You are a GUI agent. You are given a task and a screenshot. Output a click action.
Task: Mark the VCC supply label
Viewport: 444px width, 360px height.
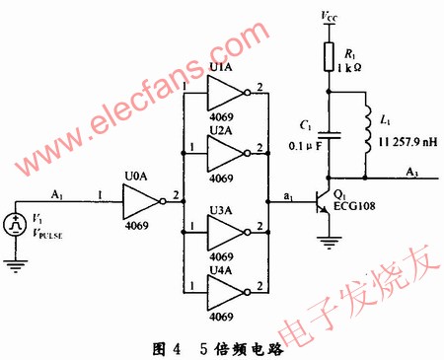pyautogui.click(x=328, y=16)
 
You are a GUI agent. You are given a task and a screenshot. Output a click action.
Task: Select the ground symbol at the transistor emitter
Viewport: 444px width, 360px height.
pyautogui.click(x=327, y=240)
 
